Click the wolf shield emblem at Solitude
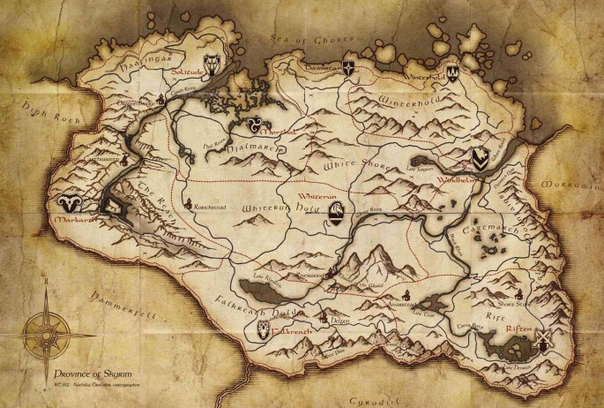pyautogui.click(x=213, y=60)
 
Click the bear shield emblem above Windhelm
pyautogui.click(x=480, y=158)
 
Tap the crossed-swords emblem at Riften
pyautogui.click(x=544, y=339)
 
